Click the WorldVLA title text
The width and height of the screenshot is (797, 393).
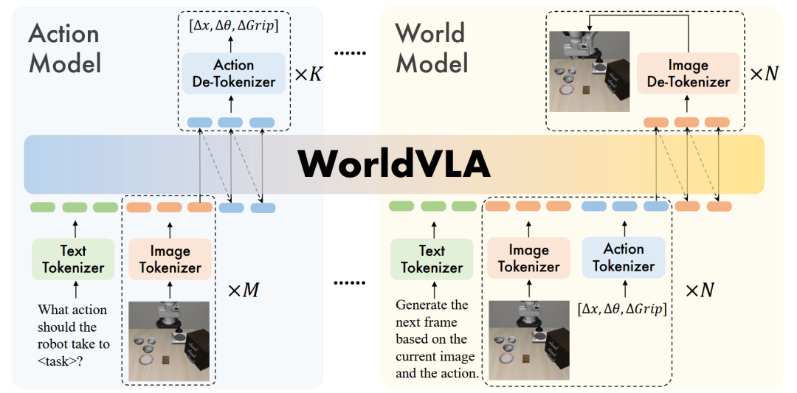[394, 164]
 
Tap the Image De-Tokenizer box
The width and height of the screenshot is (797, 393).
[688, 73]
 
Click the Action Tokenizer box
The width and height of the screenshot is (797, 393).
[624, 257]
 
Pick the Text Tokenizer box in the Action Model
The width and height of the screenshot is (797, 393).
[73, 260]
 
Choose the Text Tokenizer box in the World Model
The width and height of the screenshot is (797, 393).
[432, 260]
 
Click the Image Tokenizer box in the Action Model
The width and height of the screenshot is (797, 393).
[170, 260]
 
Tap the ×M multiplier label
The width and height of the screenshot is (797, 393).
[243, 291]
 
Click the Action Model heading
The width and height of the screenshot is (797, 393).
[63, 49]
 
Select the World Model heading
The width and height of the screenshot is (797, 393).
[432, 49]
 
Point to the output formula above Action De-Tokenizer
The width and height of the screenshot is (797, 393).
[233, 27]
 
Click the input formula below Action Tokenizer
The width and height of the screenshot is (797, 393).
[622, 309]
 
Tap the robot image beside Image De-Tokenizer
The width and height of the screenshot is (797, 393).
[589, 71]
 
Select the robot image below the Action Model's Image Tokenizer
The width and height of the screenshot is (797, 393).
[169, 341]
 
